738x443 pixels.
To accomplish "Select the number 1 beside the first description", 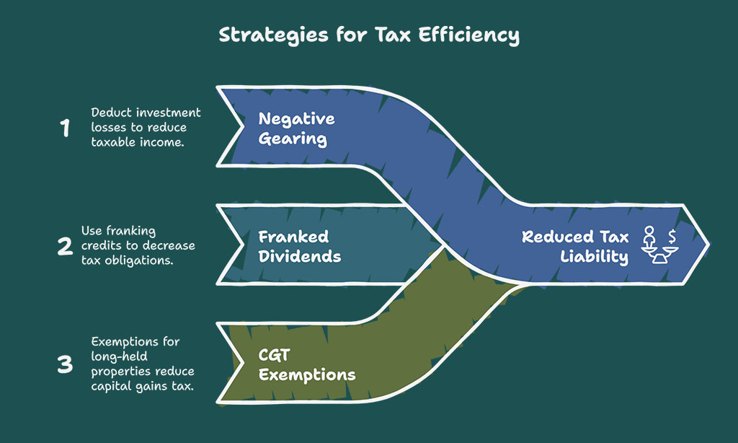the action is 65,128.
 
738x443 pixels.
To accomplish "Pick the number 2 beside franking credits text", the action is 65,246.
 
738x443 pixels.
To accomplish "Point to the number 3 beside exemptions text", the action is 65,364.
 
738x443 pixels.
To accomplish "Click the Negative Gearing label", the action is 296,128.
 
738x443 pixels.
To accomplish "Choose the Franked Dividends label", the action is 299,247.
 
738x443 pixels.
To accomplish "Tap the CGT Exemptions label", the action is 307,365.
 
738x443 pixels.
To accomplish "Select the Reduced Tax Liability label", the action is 575,247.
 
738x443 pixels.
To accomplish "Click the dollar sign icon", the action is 672,235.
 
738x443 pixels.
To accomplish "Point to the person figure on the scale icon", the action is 649,237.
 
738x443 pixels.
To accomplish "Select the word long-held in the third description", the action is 119,356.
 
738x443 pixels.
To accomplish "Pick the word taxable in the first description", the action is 110,142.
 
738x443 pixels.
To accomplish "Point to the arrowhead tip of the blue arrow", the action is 709,245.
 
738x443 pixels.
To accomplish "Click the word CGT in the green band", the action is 274,356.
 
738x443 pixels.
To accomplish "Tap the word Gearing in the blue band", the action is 293,139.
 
